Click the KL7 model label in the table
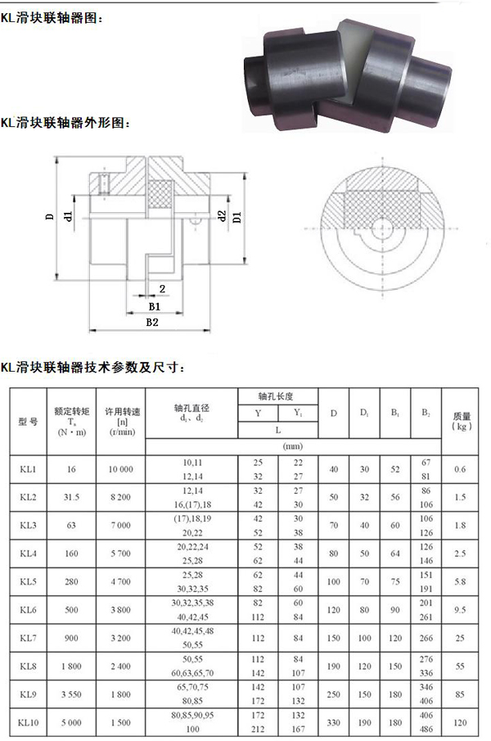[28, 638]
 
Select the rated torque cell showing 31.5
[72, 497]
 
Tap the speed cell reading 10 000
[121, 469]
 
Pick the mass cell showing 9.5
[460, 610]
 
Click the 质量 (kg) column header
[462, 421]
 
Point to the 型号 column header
[28, 422]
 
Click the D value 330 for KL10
[333, 722]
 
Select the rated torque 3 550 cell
[71, 694]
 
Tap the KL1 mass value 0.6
[460, 469]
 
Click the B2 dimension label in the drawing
[152, 323]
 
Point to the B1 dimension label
[155, 306]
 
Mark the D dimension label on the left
[50, 217]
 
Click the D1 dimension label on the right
[237, 217]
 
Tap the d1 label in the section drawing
[69, 216]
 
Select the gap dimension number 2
[162, 289]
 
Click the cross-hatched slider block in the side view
[160, 194]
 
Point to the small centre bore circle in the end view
[381, 228]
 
